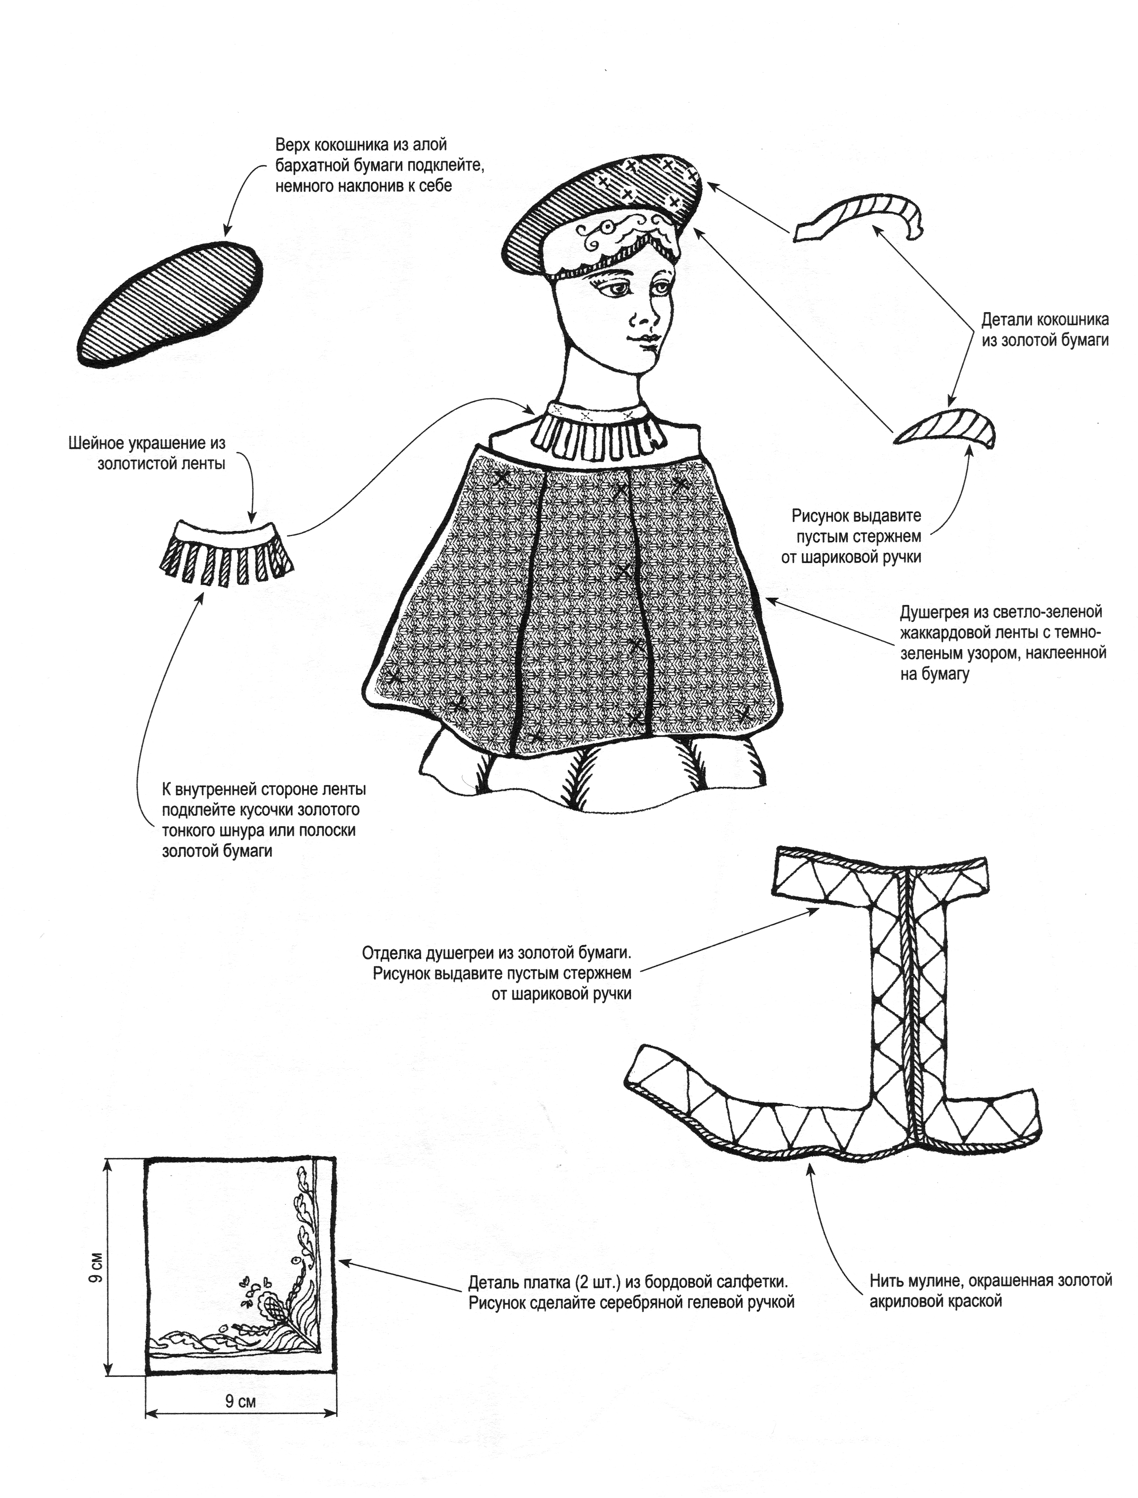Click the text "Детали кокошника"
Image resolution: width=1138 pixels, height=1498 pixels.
pos(1045,319)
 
